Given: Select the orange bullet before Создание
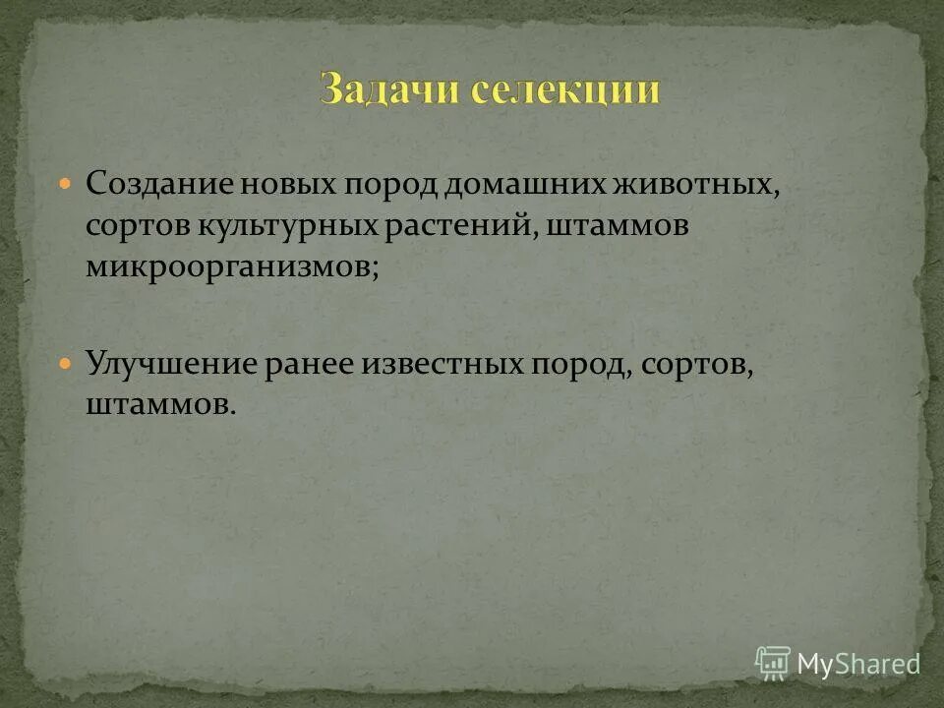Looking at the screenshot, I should point(66,184).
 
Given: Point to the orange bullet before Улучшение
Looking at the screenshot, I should point(66,363).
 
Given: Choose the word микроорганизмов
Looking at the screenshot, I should point(230,266).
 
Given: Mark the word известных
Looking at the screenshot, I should point(443,363).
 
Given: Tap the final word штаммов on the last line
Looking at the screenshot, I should point(157,404).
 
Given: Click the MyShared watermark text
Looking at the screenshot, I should point(857,664).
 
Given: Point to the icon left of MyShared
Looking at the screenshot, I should point(773,662).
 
